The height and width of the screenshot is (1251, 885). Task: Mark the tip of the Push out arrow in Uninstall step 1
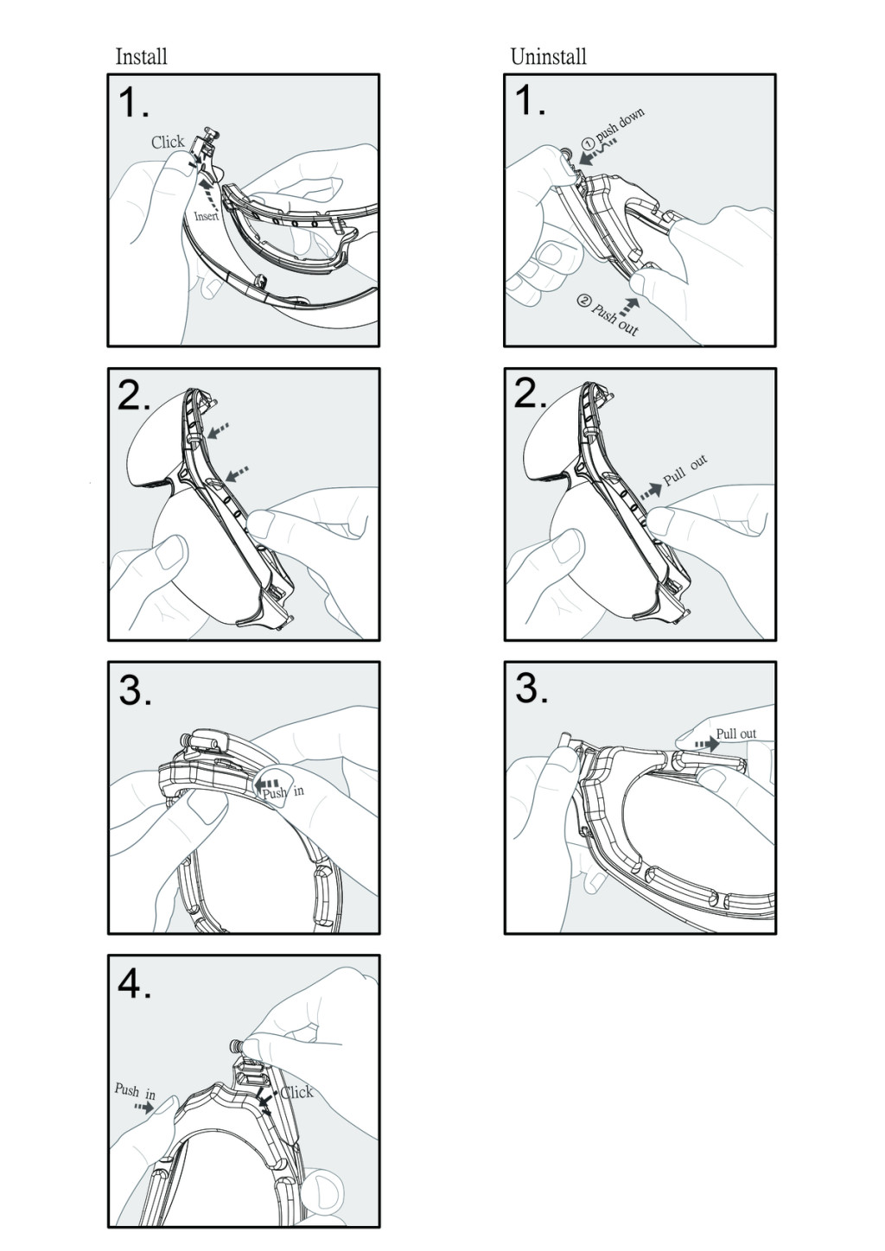pos(639,298)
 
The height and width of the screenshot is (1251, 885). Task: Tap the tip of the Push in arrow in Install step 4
pos(154,1108)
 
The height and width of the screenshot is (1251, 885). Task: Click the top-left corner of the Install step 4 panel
pos(108,956)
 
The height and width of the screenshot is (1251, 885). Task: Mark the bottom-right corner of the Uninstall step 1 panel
pos(775,346)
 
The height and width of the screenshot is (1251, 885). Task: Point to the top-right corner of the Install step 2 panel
pos(379,369)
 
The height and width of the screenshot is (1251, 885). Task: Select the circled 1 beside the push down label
pos(588,143)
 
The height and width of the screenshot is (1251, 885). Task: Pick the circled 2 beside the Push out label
pos(584,301)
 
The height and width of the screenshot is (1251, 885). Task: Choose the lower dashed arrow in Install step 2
pos(237,473)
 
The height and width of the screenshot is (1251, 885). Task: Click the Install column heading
pos(142,56)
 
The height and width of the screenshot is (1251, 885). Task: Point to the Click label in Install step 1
pos(168,142)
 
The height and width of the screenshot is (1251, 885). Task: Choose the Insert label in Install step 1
pos(207,216)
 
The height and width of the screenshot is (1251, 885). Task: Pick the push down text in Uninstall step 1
pos(621,124)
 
